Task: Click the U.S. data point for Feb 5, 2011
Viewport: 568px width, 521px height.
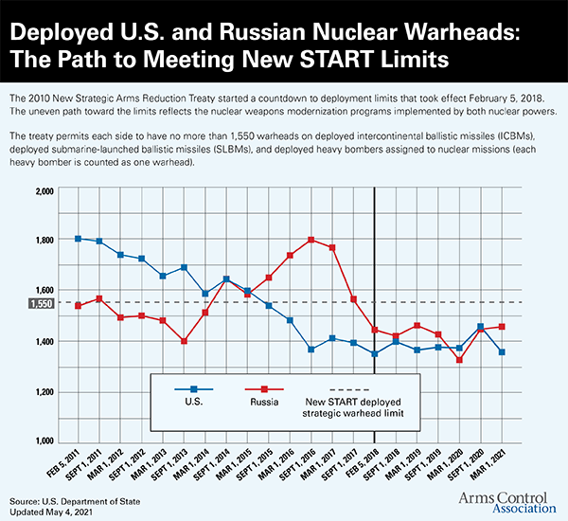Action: (x=78, y=239)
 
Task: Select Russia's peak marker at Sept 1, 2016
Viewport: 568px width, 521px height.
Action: (x=311, y=240)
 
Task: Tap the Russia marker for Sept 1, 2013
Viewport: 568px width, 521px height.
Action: (x=183, y=341)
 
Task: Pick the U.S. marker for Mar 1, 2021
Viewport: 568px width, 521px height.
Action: (x=528, y=352)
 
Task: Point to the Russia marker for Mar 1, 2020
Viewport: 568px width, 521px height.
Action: (x=459, y=360)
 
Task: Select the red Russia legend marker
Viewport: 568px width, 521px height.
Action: (x=265, y=389)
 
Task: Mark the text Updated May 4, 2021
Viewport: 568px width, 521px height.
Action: (x=54, y=511)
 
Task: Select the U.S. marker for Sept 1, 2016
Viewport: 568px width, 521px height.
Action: (x=311, y=350)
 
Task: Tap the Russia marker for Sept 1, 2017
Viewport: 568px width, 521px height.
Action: (x=353, y=299)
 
